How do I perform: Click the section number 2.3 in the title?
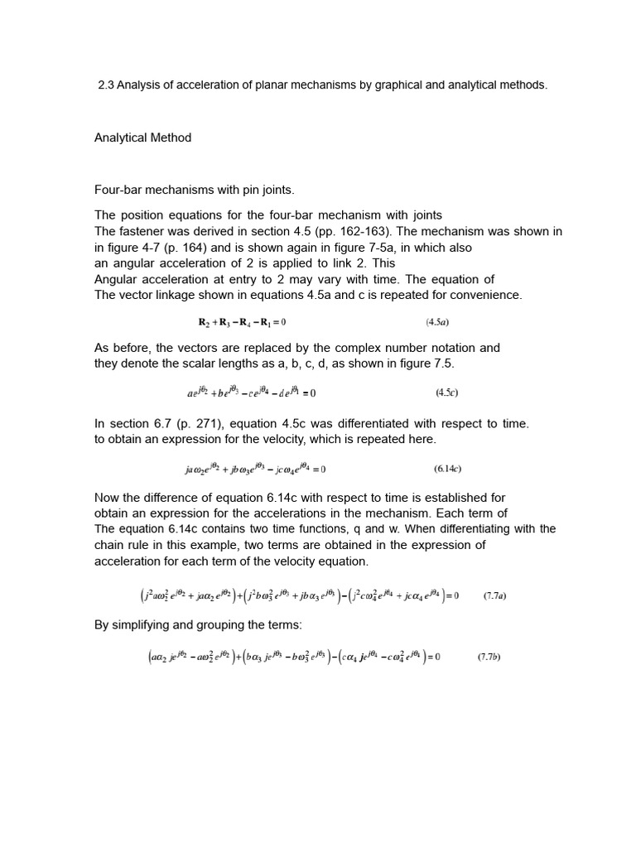(106, 85)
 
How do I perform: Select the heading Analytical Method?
(142, 137)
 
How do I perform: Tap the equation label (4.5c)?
(449, 393)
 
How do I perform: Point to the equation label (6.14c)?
(447, 469)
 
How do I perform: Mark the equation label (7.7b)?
(489, 658)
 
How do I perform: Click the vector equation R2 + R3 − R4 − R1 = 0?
(240, 321)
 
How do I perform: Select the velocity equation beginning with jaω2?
(255, 469)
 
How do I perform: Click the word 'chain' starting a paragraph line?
(110, 545)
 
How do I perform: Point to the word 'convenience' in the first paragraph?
(489, 295)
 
